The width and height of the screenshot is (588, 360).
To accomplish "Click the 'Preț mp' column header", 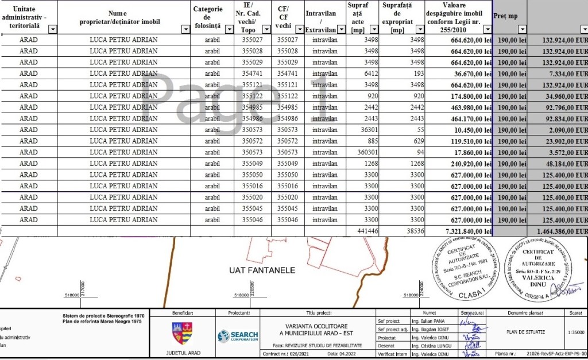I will click(505, 17).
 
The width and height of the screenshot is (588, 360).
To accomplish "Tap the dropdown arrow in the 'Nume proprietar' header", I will click(185, 29).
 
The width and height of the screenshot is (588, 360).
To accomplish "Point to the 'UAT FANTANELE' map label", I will click(262, 270).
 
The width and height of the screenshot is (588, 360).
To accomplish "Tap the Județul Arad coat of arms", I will click(183, 332).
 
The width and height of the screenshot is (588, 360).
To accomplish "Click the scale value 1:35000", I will click(574, 332).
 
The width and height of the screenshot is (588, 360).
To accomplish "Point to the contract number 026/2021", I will click(303, 354).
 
